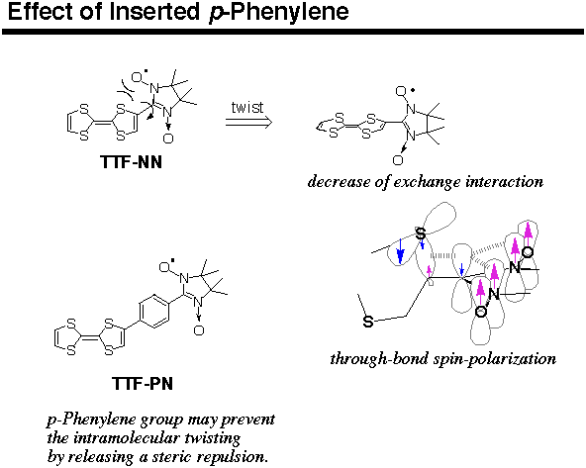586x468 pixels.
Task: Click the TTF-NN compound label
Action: click(x=131, y=162)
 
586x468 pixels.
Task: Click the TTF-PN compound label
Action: click(x=143, y=384)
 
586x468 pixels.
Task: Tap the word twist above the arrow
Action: click(x=247, y=108)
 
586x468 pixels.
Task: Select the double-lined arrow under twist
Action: click(x=248, y=122)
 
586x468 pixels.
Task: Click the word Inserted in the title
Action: click(x=154, y=12)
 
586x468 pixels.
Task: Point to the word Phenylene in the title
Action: click(x=289, y=12)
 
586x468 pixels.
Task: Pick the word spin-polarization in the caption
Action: click(x=495, y=359)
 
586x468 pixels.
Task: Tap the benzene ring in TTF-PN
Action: click(x=154, y=311)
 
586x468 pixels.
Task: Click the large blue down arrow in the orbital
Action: click(x=400, y=251)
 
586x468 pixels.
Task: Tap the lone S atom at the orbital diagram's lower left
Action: click(x=368, y=322)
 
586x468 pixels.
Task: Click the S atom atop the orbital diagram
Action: click(x=421, y=234)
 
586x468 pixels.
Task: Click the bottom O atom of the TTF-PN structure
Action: click(x=199, y=330)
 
